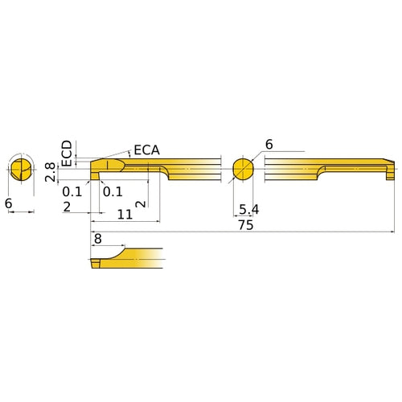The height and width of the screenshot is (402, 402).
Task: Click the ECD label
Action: (67, 152)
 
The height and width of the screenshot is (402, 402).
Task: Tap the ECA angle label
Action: (146, 150)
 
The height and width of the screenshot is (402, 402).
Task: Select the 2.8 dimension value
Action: (51, 172)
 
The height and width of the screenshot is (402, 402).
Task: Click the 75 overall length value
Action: (246, 226)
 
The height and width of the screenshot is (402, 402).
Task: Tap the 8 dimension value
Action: (98, 239)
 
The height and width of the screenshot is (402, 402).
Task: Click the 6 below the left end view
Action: (8, 204)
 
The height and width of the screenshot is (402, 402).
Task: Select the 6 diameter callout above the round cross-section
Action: (269, 145)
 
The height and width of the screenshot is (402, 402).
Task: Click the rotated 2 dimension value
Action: (142, 204)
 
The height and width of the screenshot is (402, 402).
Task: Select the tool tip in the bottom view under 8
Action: (96, 262)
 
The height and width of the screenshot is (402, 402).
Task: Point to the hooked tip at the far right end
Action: (390, 170)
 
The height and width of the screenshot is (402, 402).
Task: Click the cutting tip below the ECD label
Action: (96, 170)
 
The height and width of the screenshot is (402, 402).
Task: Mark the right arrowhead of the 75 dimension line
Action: (394, 232)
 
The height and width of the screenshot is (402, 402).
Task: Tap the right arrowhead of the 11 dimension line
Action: (159, 219)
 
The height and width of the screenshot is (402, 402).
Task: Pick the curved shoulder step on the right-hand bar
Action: (322, 171)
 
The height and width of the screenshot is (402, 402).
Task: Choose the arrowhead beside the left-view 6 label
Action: (32, 212)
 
